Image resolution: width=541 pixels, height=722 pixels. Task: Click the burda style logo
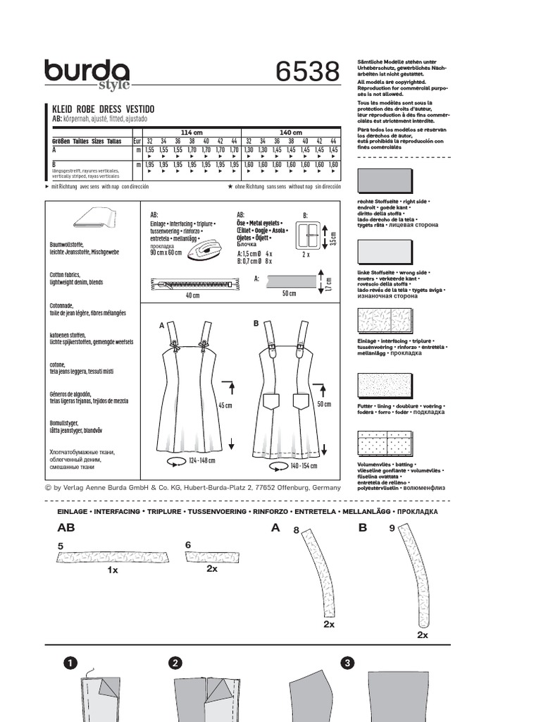pos(87,75)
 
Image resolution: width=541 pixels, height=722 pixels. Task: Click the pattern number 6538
pos(307,73)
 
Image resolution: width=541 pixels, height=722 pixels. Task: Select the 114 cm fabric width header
pos(192,133)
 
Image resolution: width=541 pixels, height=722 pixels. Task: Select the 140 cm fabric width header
pos(290,133)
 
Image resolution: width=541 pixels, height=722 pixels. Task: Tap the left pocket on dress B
pos(273,403)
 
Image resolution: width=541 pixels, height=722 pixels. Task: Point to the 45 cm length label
pos(225,405)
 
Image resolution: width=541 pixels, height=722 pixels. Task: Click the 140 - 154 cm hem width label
pos(299,465)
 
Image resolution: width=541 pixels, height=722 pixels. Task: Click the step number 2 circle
pos(175,663)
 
